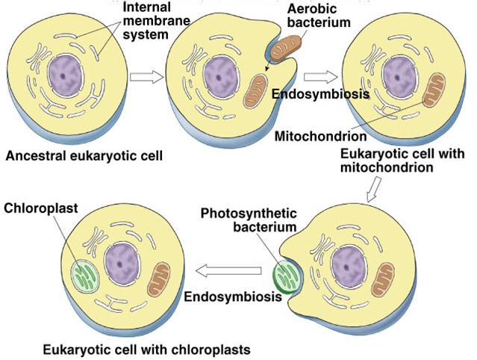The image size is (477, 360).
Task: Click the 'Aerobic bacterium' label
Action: pos(319,16)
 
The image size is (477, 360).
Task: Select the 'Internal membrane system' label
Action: pos(156,21)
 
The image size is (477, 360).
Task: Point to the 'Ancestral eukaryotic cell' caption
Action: pos(84,156)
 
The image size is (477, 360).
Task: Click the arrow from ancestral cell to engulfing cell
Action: pos(146,77)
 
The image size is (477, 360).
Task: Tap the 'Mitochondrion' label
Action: pos(320,136)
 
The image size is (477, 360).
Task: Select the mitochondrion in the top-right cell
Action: pos(434,90)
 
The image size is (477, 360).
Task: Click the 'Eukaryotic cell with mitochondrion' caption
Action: pos(402,161)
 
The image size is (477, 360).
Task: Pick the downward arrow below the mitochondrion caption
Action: pos(374,189)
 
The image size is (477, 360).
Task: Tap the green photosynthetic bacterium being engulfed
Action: pos(285,277)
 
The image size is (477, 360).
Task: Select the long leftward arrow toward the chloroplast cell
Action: pos(228,270)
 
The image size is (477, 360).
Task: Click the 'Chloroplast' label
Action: pos(41,208)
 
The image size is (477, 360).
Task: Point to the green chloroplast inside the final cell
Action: pos(85,276)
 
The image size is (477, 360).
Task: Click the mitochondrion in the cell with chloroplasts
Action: pos(158,280)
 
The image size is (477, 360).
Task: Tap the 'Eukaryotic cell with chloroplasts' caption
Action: pos(146,350)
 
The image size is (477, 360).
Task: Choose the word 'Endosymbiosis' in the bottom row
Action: pos(233,297)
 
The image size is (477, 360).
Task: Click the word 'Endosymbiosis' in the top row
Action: pos(321,94)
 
